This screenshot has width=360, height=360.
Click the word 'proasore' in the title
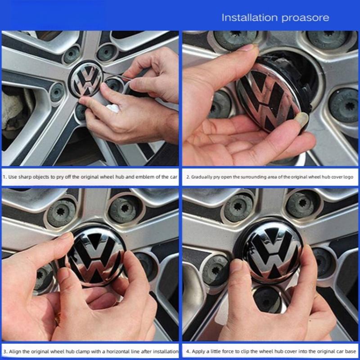click(x=305, y=18)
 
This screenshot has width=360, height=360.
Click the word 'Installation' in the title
click(x=249, y=18)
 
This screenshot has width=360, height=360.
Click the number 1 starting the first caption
click(x=4, y=177)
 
